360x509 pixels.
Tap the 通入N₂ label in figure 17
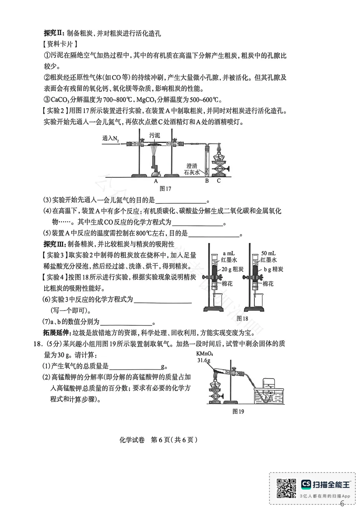110,138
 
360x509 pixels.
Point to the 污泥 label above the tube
154,135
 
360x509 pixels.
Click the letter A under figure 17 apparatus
156,181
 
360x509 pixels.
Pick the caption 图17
165,189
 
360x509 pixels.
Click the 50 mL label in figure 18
268,254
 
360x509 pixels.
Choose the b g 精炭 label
273,269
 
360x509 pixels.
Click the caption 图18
242,318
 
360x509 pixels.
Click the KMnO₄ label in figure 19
205,353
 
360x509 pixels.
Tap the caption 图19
238,411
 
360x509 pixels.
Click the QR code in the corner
286,488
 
